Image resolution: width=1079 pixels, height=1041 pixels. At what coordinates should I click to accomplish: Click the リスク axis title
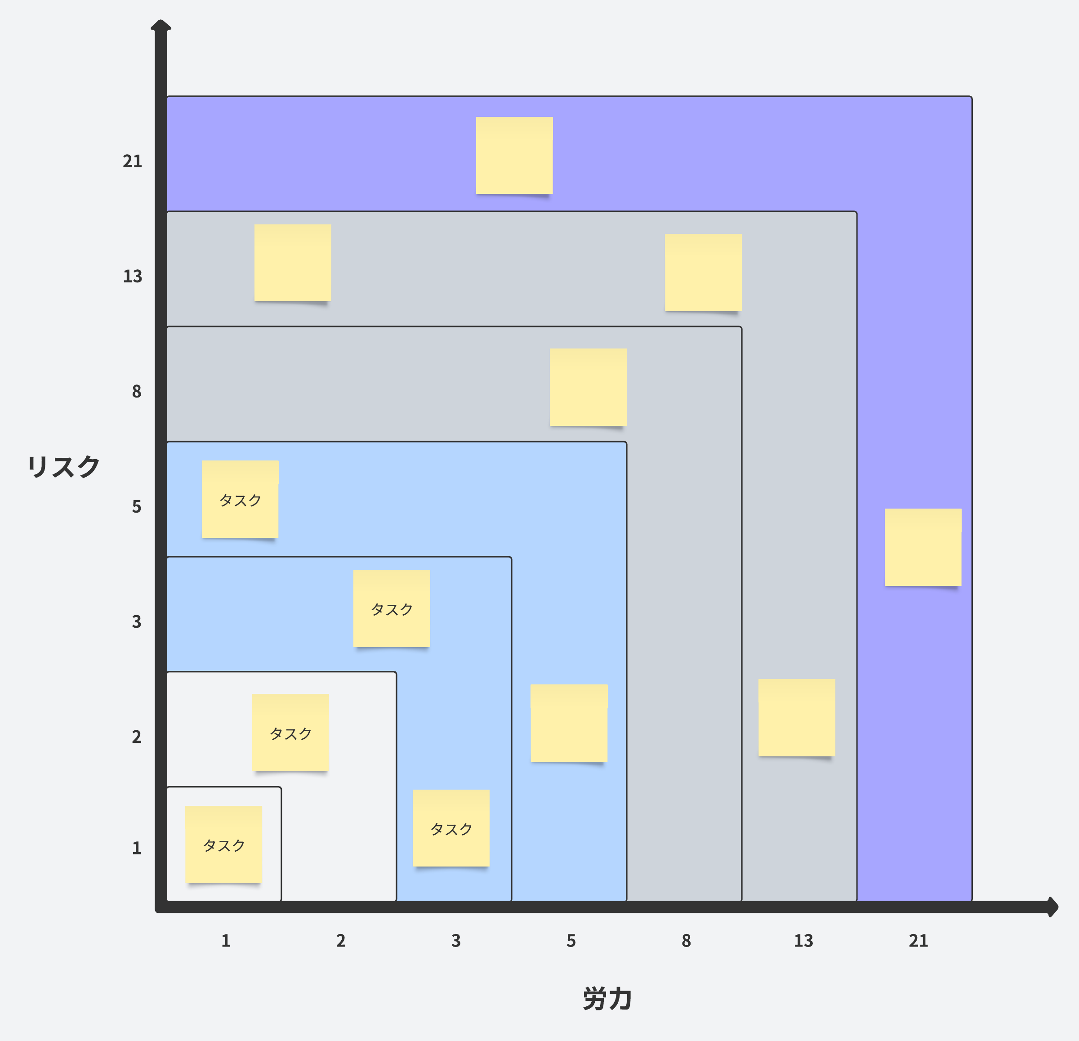coord(63,467)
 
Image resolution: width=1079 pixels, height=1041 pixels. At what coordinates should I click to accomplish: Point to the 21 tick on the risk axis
coord(132,161)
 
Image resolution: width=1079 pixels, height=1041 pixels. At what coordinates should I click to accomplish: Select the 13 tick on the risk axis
coord(132,277)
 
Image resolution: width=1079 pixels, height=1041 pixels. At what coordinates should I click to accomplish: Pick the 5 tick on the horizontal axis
coord(571,941)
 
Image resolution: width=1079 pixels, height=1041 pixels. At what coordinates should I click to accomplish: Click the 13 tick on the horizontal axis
coord(803,941)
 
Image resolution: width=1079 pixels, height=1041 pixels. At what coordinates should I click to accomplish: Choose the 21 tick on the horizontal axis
coord(918,941)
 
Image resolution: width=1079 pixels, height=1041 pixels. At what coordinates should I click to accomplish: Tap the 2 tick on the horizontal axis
coord(341,941)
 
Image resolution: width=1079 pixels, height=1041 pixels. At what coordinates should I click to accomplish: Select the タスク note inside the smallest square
coord(223,844)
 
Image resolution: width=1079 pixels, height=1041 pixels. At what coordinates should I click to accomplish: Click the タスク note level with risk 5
coord(240,499)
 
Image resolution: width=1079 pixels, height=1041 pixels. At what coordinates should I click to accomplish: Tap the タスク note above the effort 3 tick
coord(451,828)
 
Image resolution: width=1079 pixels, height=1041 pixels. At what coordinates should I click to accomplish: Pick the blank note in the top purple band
coord(514,155)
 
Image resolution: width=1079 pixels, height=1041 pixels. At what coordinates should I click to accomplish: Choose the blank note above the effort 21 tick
coord(923,547)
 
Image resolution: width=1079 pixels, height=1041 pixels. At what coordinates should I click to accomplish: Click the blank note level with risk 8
coord(588,387)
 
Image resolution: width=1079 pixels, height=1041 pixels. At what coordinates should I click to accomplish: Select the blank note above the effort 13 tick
coord(797,717)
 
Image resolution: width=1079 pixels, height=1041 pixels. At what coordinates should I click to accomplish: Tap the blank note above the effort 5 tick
coord(569,723)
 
